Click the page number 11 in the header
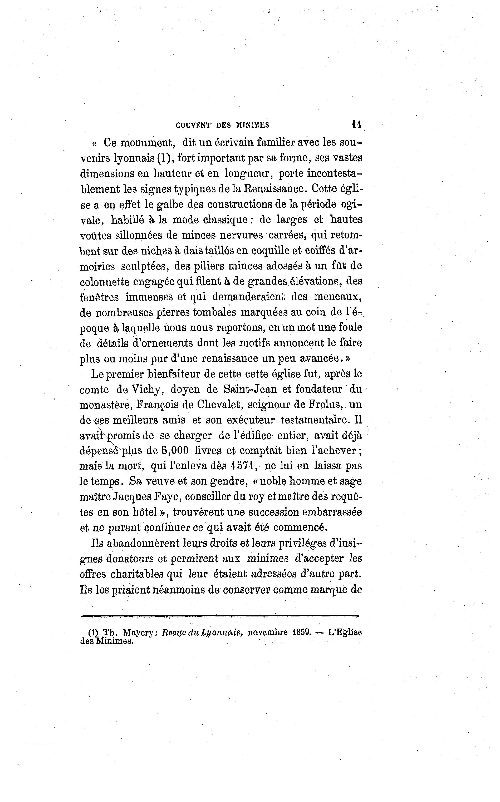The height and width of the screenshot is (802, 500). [356, 124]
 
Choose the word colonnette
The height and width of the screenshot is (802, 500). [105, 282]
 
